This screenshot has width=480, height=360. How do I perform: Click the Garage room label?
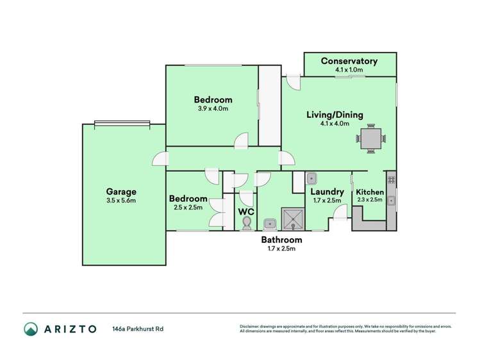(120, 192)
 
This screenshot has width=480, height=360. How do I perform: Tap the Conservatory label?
(349, 61)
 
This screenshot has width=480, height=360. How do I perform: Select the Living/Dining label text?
(335, 115)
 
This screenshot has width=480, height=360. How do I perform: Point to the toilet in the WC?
(247, 222)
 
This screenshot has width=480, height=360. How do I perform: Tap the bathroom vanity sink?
(270, 224)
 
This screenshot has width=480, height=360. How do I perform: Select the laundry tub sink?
(311, 179)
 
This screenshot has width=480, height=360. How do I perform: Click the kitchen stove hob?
(391, 180)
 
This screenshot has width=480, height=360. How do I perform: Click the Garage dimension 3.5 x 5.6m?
(120, 200)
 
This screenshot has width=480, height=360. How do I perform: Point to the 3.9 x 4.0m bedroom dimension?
(213, 109)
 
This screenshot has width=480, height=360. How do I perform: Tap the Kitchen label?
(370, 192)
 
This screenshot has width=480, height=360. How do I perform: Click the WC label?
(247, 211)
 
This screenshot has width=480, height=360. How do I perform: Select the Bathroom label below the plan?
(281, 240)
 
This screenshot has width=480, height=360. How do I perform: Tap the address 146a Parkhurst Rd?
(137, 329)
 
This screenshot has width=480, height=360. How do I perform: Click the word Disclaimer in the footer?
(252, 326)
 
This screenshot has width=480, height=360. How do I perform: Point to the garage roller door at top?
(122, 124)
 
